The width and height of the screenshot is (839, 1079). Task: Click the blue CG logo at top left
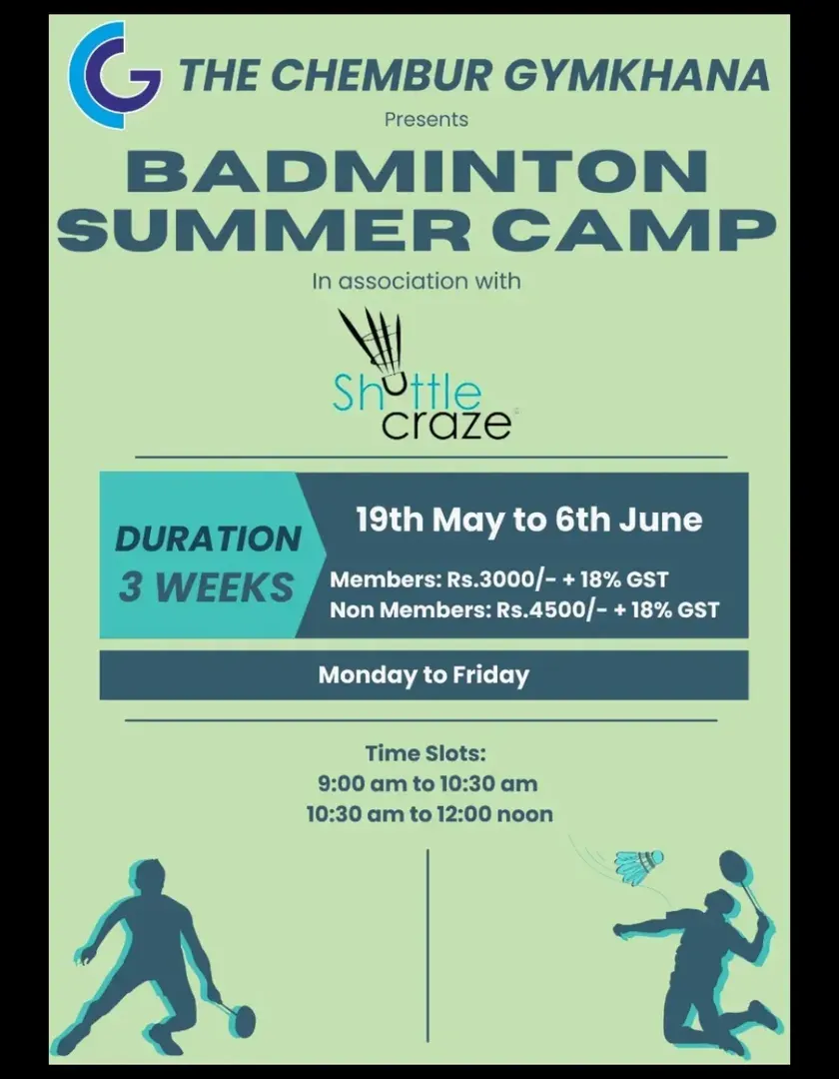tap(114, 74)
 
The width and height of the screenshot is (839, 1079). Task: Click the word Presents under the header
tap(426, 120)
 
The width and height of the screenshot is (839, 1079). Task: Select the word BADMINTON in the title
tap(417, 172)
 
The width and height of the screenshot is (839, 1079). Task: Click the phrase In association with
tap(417, 281)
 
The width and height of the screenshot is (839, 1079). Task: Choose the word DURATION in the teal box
tap(208, 539)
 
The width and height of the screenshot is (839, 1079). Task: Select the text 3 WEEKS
tap(207, 587)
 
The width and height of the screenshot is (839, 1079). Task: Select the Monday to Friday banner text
tap(423, 675)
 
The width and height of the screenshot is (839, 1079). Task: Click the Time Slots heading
tap(425, 753)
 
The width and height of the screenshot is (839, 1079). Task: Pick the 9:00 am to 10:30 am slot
tap(427, 784)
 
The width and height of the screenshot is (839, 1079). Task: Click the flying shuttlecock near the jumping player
tap(639, 866)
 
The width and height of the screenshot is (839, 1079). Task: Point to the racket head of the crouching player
tap(241, 1021)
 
